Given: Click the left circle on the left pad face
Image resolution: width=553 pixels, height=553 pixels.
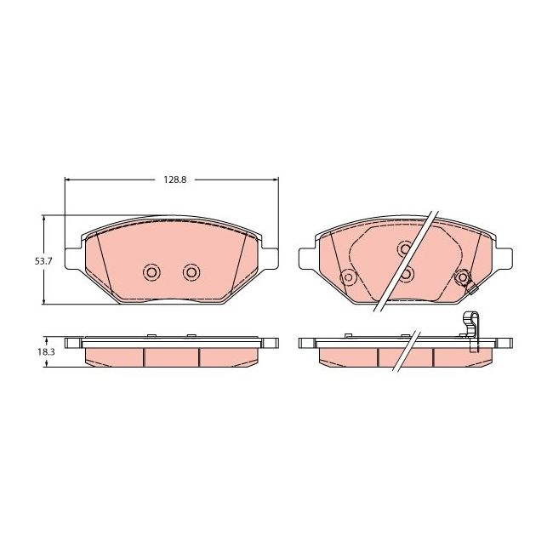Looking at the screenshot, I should tap(152, 272).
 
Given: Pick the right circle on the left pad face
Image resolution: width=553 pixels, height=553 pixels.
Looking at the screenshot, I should tap(191, 272).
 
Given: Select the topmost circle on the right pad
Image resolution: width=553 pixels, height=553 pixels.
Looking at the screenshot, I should tap(405, 248).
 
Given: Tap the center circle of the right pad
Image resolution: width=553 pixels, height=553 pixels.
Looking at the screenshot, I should tap(407, 274).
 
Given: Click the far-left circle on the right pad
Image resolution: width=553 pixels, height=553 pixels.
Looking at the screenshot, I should tap(347, 276).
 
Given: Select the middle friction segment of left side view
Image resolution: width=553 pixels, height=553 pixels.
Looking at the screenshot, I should tap(171, 357).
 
